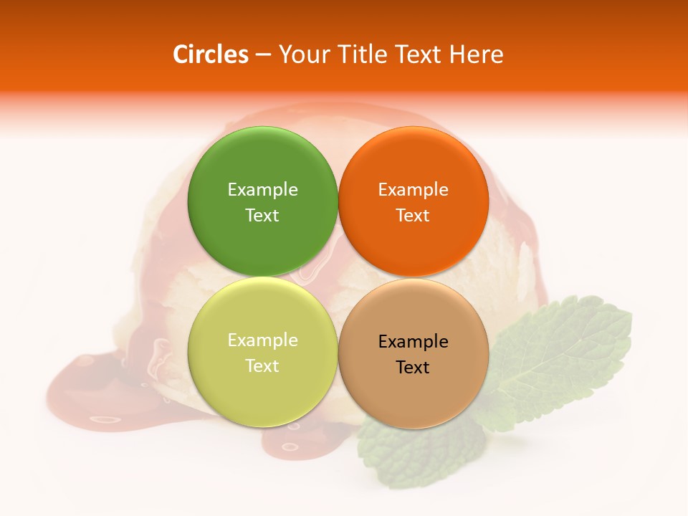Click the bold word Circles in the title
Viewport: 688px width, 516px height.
(x=211, y=54)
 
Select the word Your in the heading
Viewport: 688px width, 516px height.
(x=302, y=54)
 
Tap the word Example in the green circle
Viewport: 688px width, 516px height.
(x=262, y=189)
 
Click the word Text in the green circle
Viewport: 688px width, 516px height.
(x=262, y=215)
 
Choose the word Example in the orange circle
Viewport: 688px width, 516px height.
(x=413, y=189)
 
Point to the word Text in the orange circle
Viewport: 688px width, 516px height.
(x=413, y=215)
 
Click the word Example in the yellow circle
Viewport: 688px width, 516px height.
(x=262, y=340)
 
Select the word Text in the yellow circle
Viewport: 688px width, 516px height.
(x=262, y=365)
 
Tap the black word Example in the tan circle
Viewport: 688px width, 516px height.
(x=413, y=341)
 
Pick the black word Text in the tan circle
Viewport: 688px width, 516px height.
(x=413, y=367)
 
